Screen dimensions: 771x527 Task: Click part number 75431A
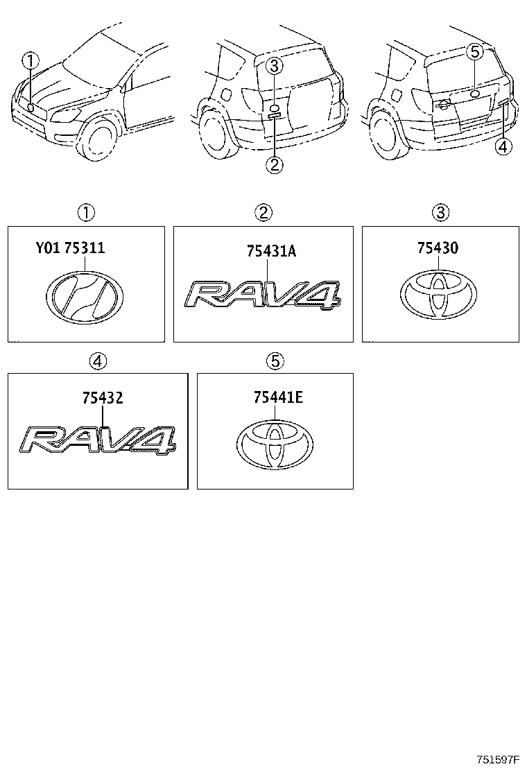click(x=270, y=251)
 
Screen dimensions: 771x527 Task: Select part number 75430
click(x=437, y=248)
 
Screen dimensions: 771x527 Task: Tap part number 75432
click(x=103, y=398)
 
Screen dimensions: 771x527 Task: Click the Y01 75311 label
click(x=70, y=248)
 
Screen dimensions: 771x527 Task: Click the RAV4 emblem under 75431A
click(x=263, y=293)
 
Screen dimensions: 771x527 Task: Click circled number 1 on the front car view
click(x=29, y=62)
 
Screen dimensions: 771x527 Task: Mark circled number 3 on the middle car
click(x=275, y=67)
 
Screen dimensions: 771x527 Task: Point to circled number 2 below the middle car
click(x=275, y=164)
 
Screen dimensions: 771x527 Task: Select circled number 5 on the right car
click(x=474, y=51)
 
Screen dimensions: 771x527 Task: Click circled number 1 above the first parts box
click(x=86, y=212)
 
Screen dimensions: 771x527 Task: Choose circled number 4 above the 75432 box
click(x=98, y=361)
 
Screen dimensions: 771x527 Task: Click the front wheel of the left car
click(x=100, y=139)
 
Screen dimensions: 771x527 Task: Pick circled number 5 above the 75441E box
click(x=275, y=361)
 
